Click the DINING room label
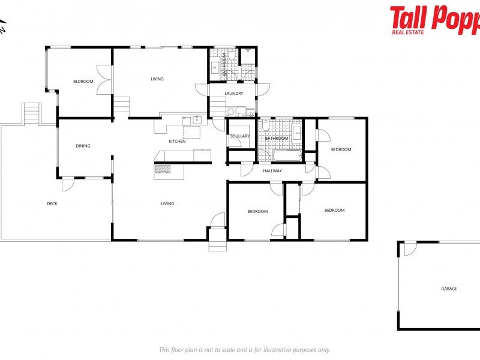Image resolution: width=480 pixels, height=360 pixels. [x=83, y=146]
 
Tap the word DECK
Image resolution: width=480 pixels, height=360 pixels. [x=52, y=204]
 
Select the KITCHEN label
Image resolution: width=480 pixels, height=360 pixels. [x=177, y=141]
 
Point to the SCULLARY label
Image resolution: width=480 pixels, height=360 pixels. [x=240, y=136]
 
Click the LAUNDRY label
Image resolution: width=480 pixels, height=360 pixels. [x=233, y=94]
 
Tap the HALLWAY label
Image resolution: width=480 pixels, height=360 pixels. [x=272, y=171]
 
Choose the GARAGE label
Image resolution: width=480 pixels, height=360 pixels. [x=449, y=289]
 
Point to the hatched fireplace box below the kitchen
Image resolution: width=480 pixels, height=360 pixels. [x=163, y=169]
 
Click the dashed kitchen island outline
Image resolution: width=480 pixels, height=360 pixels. [x=191, y=132]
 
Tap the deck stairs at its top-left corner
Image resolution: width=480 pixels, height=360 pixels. [x=32, y=113]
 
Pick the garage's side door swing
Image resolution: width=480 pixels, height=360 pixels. [x=409, y=248]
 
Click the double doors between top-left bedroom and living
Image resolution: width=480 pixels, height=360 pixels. [x=105, y=80]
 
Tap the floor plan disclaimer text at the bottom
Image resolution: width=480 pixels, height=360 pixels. [x=244, y=350]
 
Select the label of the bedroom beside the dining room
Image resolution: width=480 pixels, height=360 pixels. [x=83, y=82]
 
